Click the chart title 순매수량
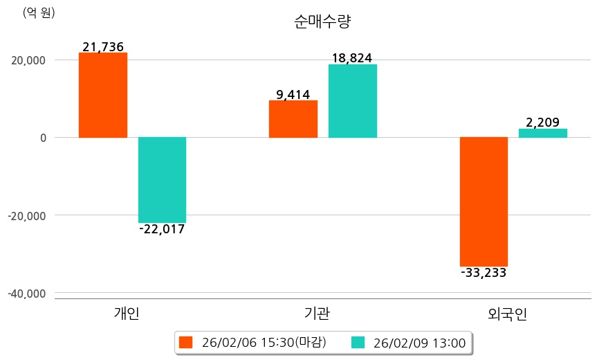322,21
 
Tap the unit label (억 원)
39,12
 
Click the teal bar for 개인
162,179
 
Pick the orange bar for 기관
293,119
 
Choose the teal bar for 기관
352,101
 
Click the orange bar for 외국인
484,201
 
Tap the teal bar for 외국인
543,133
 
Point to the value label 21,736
103,47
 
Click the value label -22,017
162,229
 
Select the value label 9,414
293,95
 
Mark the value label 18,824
352,58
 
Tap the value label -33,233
484,273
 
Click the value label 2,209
543,123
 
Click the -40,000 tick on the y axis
27,294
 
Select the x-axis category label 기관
317,314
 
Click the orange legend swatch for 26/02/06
185,342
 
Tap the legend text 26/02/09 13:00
419,342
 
